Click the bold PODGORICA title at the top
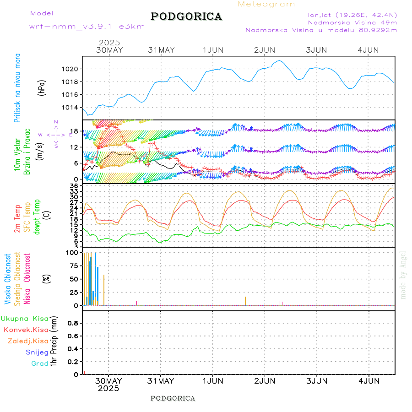(186, 16)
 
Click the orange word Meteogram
(266, 4)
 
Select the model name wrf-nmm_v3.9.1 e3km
(87, 27)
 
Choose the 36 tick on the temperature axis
(74, 185)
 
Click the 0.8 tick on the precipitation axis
(72, 323)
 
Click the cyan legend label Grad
(40, 363)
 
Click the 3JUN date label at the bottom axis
(317, 381)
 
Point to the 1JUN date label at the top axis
(213, 50)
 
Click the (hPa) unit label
(42, 87)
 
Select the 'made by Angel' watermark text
(403, 275)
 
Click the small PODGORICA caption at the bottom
(173, 398)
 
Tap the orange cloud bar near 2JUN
(245, 301)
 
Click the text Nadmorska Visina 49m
(352, 22)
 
